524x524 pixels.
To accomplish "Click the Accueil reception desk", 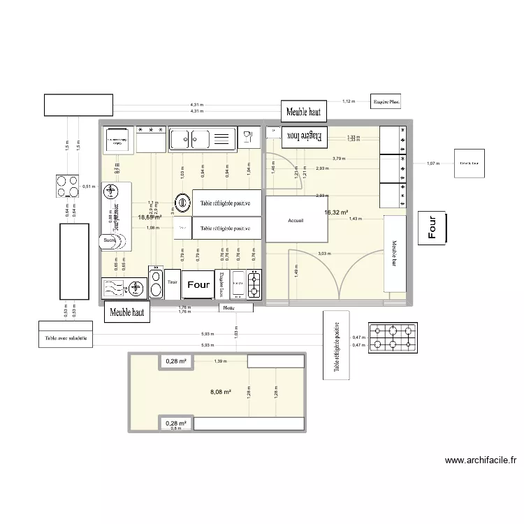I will (296, 219).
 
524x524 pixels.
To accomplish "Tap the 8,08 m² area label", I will (221, 392).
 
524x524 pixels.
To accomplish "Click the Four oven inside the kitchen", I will (198, 285).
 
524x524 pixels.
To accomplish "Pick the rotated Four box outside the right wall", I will (432, 228).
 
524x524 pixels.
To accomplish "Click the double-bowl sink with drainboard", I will (201, 139).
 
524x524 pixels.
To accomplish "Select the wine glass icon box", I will (248, 138).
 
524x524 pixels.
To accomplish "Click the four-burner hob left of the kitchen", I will (68, 187).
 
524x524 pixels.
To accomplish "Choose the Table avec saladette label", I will (66, 339).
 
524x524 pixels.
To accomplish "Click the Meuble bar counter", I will (395, 254).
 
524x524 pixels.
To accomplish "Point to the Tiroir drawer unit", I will (173, 283).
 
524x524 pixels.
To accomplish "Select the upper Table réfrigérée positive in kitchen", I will (226, 203).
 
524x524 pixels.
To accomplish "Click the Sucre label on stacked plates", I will (109, 240).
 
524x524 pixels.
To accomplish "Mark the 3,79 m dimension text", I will (339, 159).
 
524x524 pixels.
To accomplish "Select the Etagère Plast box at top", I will (386, 102).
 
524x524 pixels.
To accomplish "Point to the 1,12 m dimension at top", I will (349, 102).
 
